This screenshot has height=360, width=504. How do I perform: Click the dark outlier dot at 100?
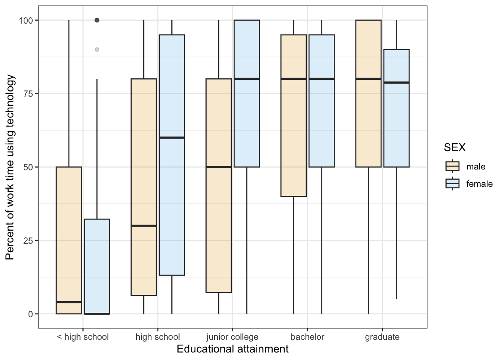point(97,20)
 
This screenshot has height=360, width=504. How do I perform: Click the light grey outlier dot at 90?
point(97,49)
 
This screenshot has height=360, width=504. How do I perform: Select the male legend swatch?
point(452,166)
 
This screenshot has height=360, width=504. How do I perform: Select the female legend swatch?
point(452,183)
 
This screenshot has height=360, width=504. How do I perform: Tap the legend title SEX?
point(454,147)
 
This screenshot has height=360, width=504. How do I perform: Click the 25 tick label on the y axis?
point(28,240)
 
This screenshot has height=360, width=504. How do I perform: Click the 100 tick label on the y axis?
point(26,20)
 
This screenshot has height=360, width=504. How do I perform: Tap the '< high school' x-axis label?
point(82,337)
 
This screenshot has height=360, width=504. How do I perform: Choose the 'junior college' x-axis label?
point(232,337)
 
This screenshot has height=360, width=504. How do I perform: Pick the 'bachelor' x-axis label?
point(307,337)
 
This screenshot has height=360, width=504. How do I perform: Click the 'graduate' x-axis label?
point(382,337)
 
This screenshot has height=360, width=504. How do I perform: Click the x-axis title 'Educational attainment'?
point(232,349)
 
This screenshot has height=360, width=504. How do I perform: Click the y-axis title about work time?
point(10,167)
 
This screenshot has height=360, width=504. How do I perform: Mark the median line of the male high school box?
point(144,226)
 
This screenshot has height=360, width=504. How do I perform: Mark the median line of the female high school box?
point(172,138)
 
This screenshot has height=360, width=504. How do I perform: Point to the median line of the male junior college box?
point(219,167)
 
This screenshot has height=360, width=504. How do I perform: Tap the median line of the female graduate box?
point(396,82)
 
